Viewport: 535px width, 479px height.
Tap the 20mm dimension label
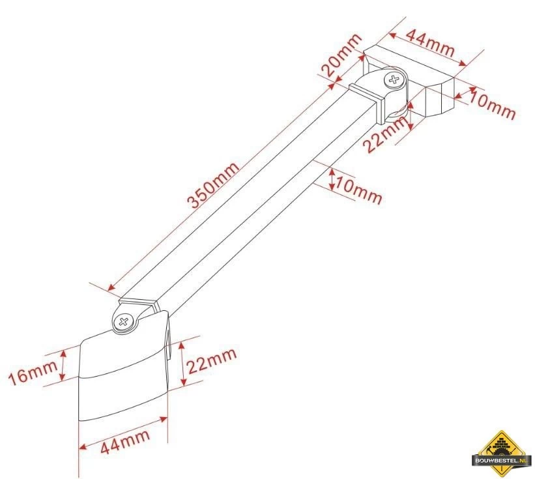pos(340,55)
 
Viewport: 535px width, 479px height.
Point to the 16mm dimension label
pos(33,373)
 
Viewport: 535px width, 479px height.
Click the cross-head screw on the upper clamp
pos(394,81)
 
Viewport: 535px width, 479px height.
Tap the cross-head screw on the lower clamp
pos(124,321)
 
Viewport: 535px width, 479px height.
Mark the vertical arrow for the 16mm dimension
pos(64,366)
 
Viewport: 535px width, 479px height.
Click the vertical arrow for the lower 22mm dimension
pos(181,362)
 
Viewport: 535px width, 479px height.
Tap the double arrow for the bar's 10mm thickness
pos(332,180)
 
